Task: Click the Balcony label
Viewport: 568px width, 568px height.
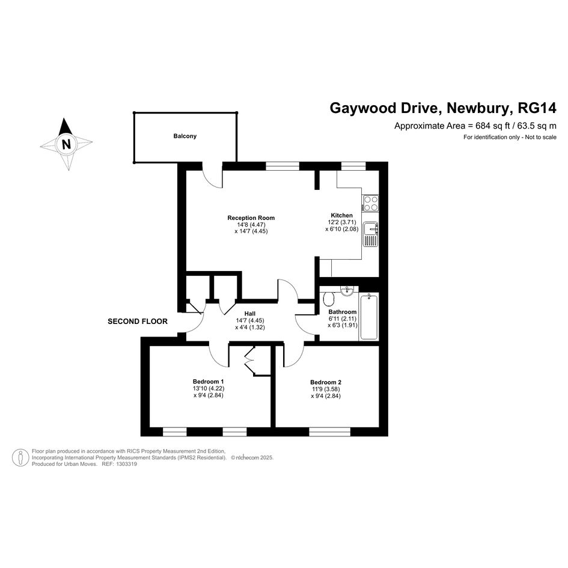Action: tap(185, 136)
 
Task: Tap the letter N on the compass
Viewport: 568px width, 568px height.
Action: tap(66, 144)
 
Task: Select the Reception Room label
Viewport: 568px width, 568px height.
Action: tap(251, 218)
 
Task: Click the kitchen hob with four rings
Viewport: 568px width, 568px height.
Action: tap(371, 203)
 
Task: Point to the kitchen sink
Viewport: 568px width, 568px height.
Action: tap(371, 234)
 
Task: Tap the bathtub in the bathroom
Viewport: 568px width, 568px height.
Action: tap(369, 317)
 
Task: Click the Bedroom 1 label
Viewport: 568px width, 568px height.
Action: tap(209, 382)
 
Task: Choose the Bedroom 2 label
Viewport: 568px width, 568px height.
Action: tap(326, 382)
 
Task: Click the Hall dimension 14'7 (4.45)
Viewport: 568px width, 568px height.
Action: tap(250, 320)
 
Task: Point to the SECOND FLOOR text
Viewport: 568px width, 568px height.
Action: tap(138, 322)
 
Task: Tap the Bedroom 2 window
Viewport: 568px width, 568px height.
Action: tap(329, 432)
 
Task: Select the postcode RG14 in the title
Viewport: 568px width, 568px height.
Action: tap(537, 108)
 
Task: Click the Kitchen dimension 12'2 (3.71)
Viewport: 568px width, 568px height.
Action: tap(341, 222)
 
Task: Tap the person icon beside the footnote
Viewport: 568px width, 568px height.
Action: tap(20, 457)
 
